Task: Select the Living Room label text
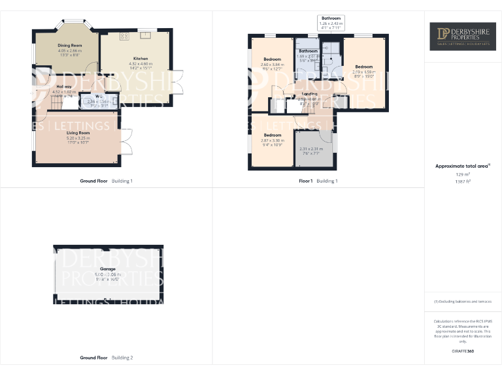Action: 77,133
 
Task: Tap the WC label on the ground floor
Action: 99,97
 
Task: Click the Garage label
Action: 108,269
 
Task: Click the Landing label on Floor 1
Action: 309,94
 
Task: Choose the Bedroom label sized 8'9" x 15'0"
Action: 364,67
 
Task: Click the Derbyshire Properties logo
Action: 462,37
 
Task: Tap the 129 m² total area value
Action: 462,175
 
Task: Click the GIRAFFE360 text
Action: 463,351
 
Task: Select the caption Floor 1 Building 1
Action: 318,181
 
